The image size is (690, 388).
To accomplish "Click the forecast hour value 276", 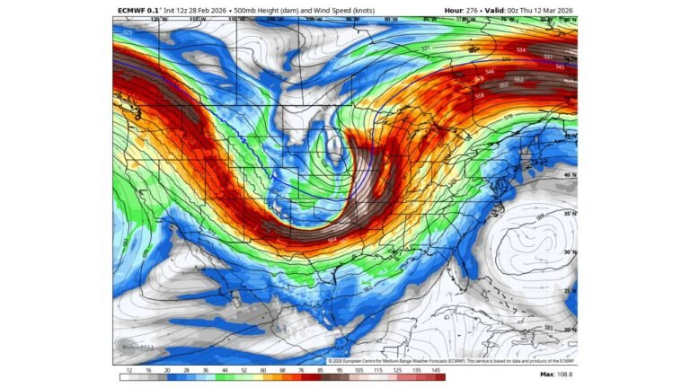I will click(x=485, y=11).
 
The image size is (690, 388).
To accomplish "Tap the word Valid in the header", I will click(x=509, y=11).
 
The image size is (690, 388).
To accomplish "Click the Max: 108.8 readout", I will click(x=559, y=374).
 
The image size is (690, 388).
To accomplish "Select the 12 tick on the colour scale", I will click(x=129, y=370).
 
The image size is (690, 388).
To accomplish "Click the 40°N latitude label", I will click(x=569, y=175).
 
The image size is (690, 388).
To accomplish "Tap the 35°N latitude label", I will click(x=569, y=214).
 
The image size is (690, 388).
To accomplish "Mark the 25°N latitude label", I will click(x=569, y=291).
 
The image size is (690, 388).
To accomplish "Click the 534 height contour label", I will click(x=521, y=50).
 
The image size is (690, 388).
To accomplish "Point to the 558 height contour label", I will click(x=479, y=95).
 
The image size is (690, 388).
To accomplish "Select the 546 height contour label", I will click(x=490, y=72).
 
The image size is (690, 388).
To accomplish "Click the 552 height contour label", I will click(x=519, y=79).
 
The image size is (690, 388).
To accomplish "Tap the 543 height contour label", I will click(x=560, y=66).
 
